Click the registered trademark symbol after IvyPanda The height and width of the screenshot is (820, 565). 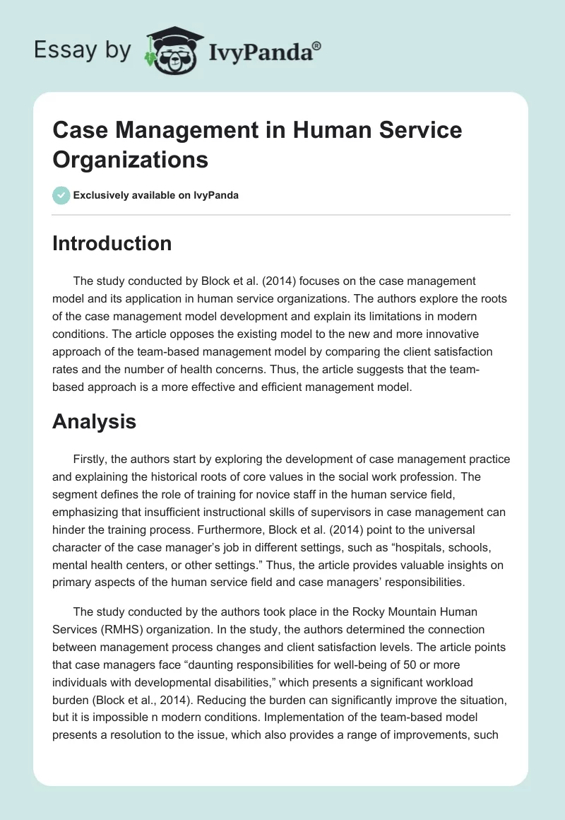tap(317, 45)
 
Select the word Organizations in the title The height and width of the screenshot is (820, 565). tap(131, 159)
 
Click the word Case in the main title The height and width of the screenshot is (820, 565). tap(81, 130)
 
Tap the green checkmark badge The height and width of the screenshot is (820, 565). tap(61, 195)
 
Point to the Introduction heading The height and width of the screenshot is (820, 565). tap(112, 243)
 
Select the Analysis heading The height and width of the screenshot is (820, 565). tap(94, 422)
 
